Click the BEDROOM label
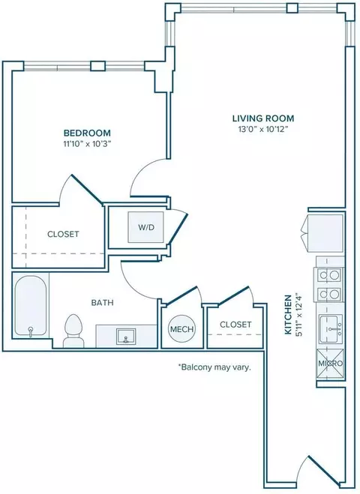click(87, 133)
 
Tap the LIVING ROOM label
click(263, 118)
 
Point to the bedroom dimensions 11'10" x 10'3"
click(87, 144)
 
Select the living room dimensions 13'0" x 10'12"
click(263, 129)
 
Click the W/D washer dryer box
click(145, 227)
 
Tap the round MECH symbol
click(181, 329)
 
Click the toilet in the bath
click(73, 331)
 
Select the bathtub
click(31, 306)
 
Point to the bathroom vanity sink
click(126, 337)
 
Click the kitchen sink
click(330, 329)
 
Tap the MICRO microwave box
click(330, 364)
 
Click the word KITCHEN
click(288, 314)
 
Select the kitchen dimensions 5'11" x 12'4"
click(298, 314)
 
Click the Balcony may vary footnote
click(214, 367)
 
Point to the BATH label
click(103, 303)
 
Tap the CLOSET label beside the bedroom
click(63, 234)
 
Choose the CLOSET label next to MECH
click(235, 324)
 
